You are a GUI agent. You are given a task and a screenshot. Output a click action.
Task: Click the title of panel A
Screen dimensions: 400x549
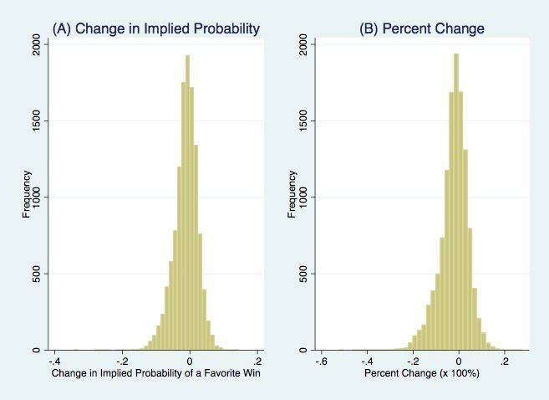click(x=156, y=29)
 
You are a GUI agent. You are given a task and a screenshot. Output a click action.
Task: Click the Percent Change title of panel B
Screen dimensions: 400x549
click(x=421, y=29)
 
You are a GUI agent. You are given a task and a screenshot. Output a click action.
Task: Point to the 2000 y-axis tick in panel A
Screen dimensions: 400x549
click(x=34, y=44)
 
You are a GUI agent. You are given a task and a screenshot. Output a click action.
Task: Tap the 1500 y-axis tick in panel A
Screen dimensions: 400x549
click(x=34, y=121)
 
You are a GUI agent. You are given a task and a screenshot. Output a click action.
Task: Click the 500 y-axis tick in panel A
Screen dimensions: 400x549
click(x=34, y=274)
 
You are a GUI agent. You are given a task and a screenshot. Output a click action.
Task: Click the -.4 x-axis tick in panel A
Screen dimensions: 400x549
click(x=53, y=361)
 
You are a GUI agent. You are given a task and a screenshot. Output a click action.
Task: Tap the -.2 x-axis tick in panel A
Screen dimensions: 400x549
click(x=121, y=361)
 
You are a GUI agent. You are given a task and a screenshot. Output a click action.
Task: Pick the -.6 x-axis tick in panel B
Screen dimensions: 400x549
click(x=320, y=361)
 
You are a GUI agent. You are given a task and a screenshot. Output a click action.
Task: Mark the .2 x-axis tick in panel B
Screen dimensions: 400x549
click(x=505, y=361)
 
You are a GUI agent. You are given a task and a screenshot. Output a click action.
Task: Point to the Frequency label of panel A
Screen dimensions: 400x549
click(x=26, y=194)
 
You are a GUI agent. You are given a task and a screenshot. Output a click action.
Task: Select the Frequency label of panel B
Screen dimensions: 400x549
click(x=292, y=194)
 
